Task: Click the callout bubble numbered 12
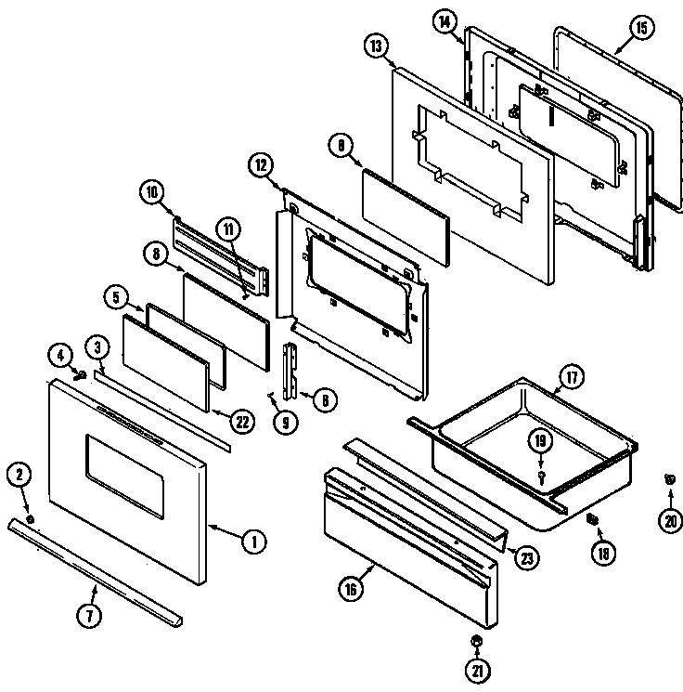262,165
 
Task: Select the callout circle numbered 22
241,421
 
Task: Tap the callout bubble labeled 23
526,558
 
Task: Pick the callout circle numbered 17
571,380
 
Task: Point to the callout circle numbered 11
227,229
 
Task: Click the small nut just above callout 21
475,641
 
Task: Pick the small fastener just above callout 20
668,479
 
